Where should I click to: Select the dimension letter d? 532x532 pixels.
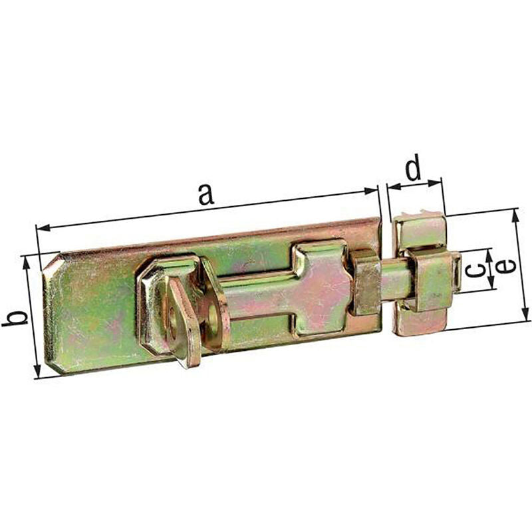pos(414,167)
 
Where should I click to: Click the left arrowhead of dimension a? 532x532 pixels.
pos(43,227)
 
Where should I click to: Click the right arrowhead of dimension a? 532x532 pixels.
pos(370,191)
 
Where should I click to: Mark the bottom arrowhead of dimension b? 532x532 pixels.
pos(38,370)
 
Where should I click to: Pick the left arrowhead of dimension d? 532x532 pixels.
pos(394,186)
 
